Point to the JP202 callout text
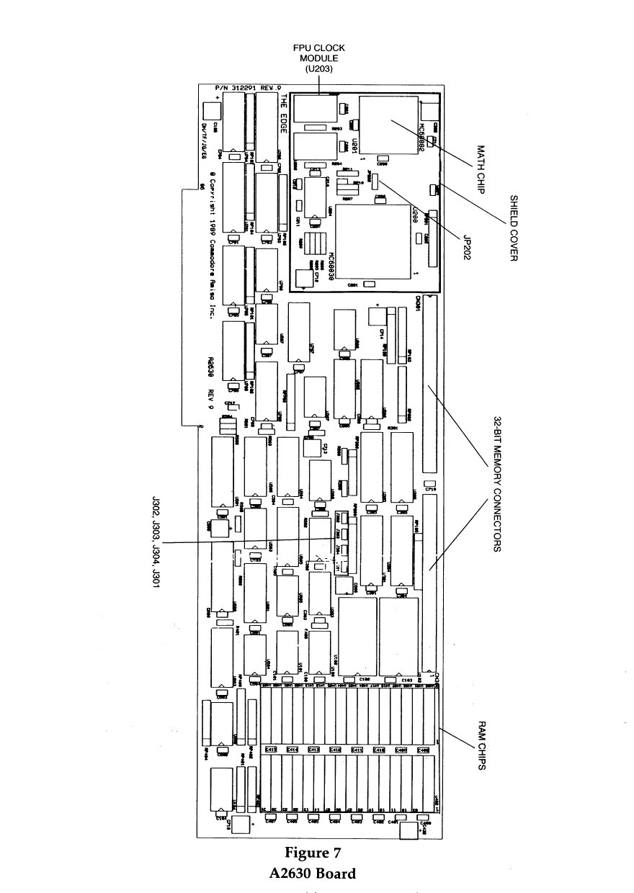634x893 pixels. point(463,244)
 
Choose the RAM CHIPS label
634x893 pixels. point(482,745)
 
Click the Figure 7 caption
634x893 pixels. point(313,853)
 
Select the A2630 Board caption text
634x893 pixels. point(313,874)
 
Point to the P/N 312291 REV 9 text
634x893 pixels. point(248,88)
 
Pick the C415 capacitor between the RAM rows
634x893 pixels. point(272,750)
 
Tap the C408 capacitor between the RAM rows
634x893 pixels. point(423,750)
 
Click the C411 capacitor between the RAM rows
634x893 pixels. point(357,750)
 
